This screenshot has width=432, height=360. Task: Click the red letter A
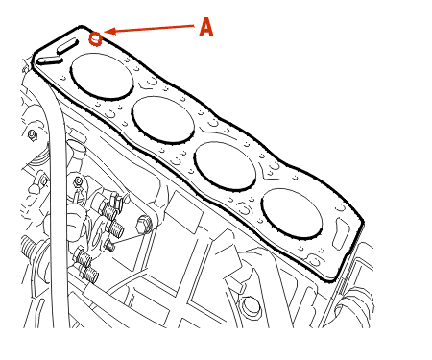pos(206,27)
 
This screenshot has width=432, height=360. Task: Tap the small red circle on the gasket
pos(95,39)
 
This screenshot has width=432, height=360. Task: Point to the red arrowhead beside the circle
pos(109,32)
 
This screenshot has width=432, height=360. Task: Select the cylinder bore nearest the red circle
pos(102,76)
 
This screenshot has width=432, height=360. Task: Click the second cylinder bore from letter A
pos(163,119)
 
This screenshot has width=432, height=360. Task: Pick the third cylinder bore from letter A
pos(226,166)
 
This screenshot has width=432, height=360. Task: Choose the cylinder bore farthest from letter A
pos(292,213)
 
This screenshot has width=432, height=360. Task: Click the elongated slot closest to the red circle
pos(67,46)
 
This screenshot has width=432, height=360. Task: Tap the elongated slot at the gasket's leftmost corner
pos(49,60)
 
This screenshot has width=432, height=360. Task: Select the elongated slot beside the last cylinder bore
pos(341,233)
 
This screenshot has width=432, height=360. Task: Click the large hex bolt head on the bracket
pos(144,225)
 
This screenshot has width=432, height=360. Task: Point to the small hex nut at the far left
pos(33,135)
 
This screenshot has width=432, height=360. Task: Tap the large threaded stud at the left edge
pos(31,248)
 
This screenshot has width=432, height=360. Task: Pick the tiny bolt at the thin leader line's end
pos(109,246)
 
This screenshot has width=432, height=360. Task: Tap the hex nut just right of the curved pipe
pos(78,182)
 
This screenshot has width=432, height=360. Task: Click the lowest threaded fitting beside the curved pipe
pos(90,274)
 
